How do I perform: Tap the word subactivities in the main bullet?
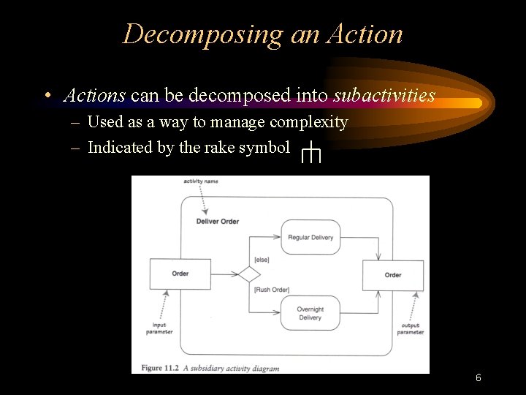tap(384, 95)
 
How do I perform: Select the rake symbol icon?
tap(312, 153)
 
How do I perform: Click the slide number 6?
tap(478, 377)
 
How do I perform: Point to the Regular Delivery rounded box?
tap(310, 237)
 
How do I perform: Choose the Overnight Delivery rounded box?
tap(310, 313)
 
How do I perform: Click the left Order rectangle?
tap(180, 274)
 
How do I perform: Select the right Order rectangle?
tap(393, 275)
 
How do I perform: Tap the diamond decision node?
tap(249, 274)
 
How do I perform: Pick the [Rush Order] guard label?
tap(272, 290)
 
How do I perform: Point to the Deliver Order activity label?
tap(218, 221)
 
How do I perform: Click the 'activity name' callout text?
tap(201, 181)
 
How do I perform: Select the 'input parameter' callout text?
tap(159, 328)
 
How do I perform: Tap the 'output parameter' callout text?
tap(411, 329)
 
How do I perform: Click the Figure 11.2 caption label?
tap(157, 368)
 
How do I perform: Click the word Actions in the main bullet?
tap(95, 95)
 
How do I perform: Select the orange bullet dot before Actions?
tap(47, 96)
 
